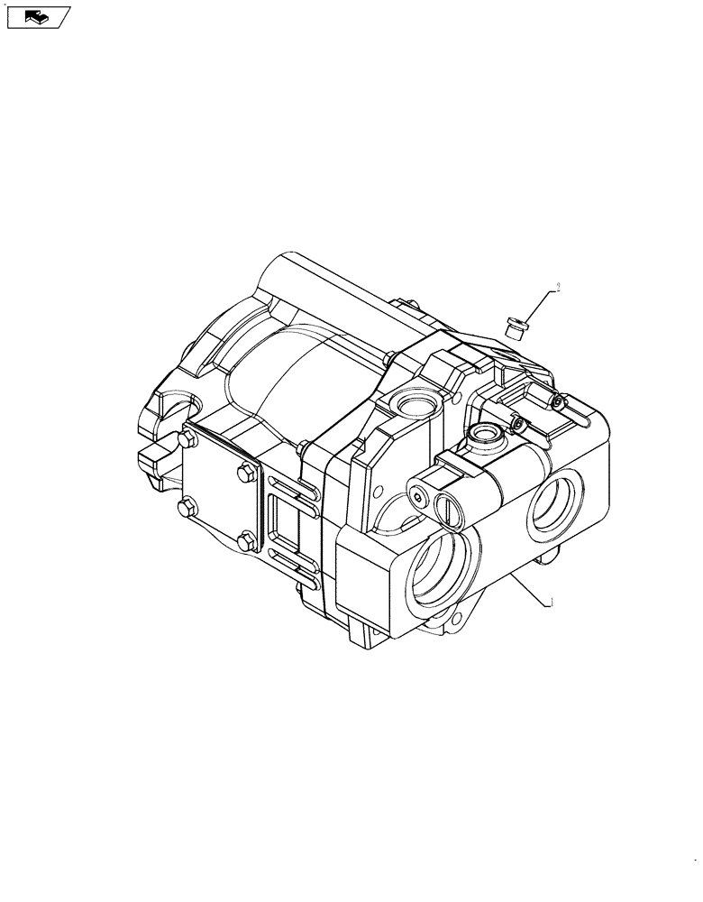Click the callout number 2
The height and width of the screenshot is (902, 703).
(558, 288)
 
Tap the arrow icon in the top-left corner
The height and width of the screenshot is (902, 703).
(37, 15)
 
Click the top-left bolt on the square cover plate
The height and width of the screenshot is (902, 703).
(188, 439)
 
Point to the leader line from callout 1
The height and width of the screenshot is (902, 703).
(526, 590)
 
